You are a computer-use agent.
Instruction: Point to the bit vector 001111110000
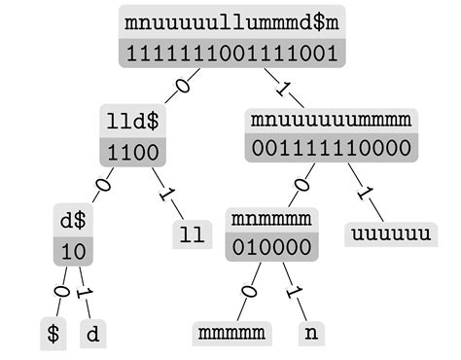click(x=331, y=150)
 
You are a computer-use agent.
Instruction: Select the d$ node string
click(x=74, y=221)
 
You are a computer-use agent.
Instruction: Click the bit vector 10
click(x=74, y=250)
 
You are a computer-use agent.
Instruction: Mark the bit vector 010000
click(x=271, y=247)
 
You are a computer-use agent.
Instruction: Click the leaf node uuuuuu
click(x=389, y=235)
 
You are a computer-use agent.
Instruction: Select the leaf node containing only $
click(x=53, y=334)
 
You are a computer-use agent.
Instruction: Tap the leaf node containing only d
click(x=92, y=334)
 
